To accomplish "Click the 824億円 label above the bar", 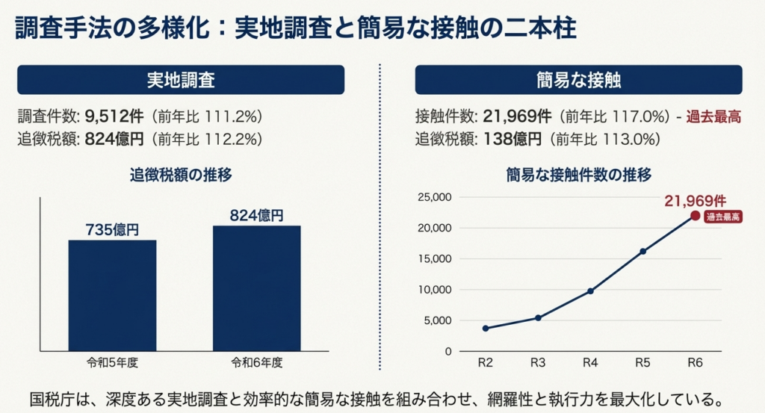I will pyautogui.click(x=256, y=216).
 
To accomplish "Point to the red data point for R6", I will pyautogui.click(x=695, y=216).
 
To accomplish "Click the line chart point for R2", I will pyautogui.click(x=486, y=328).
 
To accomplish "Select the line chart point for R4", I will pyautogui.click(x=590, y=291).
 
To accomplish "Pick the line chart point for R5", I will pyautogui.click(x=642, y=251).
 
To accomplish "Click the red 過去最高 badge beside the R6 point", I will pyautogui.click(x=723, y=217).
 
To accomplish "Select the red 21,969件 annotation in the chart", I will pyautogui.click(x=695, y=200).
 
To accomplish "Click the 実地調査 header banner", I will pyautogui.click(x=181, y=80).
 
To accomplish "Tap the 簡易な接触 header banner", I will pyautogui.click(x=578, y=80).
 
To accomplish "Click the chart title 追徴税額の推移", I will pyautogui.click(x=181, y=176).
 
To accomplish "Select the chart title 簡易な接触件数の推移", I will pyautogui.click(x=578, y=176).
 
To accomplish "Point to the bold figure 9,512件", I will pyautogui.click(x=115, y=117).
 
